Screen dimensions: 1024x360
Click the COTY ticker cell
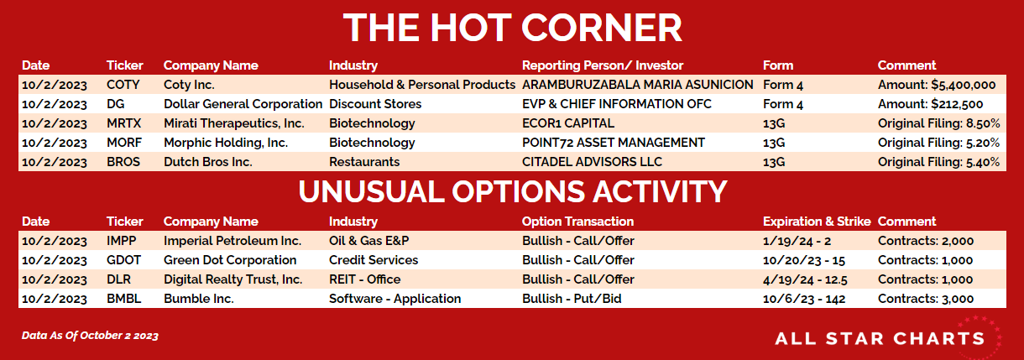123,85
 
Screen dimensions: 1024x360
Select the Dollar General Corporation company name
243,104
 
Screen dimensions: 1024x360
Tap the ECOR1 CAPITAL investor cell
567,123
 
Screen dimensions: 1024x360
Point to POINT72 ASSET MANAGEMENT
613,143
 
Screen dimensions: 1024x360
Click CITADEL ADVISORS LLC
592,162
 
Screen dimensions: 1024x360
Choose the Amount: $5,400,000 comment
936,85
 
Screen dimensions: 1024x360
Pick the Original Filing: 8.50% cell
938,123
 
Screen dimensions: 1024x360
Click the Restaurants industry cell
364,162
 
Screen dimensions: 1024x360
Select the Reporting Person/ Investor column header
602,65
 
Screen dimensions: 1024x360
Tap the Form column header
777,65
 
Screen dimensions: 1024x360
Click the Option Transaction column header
577,222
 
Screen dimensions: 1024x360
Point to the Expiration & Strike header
817,222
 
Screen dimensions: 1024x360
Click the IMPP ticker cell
121,241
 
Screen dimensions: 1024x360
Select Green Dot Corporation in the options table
230,260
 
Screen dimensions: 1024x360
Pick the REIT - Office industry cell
364,279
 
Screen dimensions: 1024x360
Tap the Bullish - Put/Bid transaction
572,299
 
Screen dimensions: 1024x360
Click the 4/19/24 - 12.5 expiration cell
805,279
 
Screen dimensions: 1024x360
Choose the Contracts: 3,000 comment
925,299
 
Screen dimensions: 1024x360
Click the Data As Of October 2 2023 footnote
90,336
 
